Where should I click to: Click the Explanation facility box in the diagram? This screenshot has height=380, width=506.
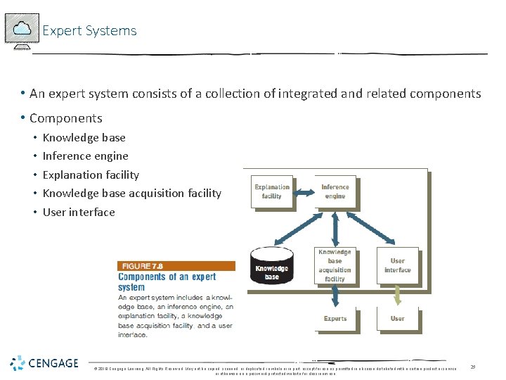tap(271, 191)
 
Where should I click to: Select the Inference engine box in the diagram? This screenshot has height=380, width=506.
tap(335, 191)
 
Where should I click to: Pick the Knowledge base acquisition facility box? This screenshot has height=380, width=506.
tap(335, 265)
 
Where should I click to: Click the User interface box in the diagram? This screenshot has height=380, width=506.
tap(397, 265)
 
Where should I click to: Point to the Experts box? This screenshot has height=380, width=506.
tap(335, 318)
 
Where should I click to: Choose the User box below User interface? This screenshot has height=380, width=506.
tap(397, 318)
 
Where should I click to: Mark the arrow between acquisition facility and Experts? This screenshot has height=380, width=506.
tap(335, 296)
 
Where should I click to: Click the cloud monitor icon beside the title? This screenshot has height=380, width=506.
tap(22, 30)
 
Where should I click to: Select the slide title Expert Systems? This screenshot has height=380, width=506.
tap(89, 31)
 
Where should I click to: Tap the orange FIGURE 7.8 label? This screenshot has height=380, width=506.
tap(146, 266)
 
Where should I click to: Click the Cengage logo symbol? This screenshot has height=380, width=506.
tap(18, 363)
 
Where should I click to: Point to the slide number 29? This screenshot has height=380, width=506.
tap(474, 367)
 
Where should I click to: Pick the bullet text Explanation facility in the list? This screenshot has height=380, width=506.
tap(91, 175)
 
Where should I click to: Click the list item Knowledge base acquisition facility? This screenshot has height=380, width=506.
tap(131, 194)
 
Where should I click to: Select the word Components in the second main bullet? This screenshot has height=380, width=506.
tap(66, 118)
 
